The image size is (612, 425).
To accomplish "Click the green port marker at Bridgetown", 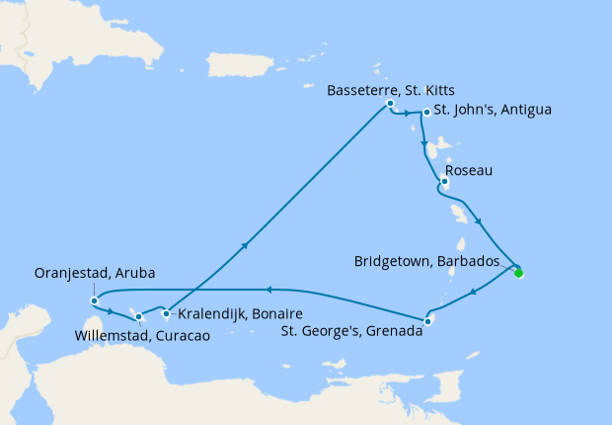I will (519, 274).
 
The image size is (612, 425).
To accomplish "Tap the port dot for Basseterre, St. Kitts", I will (391, 104).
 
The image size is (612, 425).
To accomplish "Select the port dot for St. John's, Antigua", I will (426, 113).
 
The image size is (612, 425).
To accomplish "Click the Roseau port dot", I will (445, 181).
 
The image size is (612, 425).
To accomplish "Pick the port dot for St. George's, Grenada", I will (427, 320).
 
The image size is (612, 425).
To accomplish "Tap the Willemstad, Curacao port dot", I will (139, 317).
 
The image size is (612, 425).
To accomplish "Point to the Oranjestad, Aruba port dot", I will (94, 300).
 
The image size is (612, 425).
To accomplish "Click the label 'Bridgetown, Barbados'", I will (432, 263).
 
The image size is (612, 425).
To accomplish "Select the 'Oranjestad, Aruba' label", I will (95, 273).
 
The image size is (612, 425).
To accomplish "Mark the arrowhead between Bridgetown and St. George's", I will (474, 293).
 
